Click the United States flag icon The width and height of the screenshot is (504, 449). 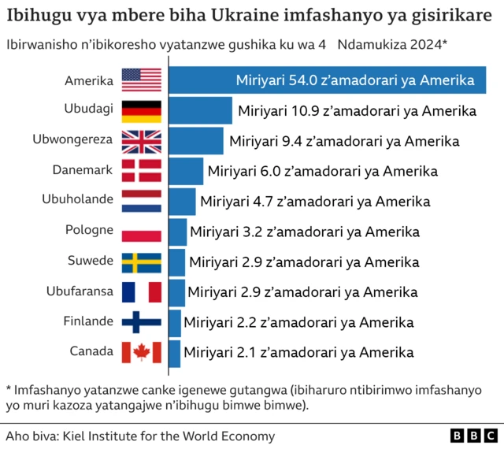(141, 80)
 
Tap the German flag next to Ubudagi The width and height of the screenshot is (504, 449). (141, 110)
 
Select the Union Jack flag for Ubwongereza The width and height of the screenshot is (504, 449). (141, 141)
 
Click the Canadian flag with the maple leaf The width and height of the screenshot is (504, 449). (141, 352)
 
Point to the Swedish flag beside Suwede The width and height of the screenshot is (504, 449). (141, 262)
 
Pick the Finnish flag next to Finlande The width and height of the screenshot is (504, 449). (141, 321)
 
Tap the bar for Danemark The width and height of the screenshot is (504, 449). (186, 171)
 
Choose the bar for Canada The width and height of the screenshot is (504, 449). (175, 352)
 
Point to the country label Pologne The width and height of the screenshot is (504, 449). (89, 231)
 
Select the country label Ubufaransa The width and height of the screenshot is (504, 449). (80, 291)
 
